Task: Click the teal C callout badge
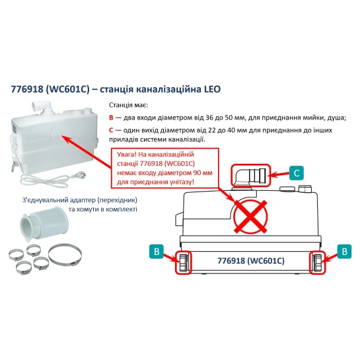pyautogui.click(x=297, y=173)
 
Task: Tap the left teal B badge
pyautogui.click(x=157, y=252)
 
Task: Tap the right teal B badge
pyautogui.click(x=344, y=252)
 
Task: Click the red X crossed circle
pyautogui.click(x=250, y=217)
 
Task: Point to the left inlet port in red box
pyautogui.click(x=184, y=263)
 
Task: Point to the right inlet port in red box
pyautogui.click(x=318, y=263)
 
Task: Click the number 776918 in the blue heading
pyautogui.click(x=27, y=89)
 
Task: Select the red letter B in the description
pyautogui.click(x=111, y=118)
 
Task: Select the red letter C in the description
pyautogui.click(x=111, y=130)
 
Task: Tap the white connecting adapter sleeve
pyautogui.click(x=44, y=224)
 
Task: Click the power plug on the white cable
pyautogui.click(x=81, y=176)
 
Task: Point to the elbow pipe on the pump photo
pyautogui.click(x=42, y=107)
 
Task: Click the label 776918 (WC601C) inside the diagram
pyautogui.click(x=251, y=261)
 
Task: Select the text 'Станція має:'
pyautogui.click(x=129, y=105)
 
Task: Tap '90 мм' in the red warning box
pyautogui.click(x=203, y=172)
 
